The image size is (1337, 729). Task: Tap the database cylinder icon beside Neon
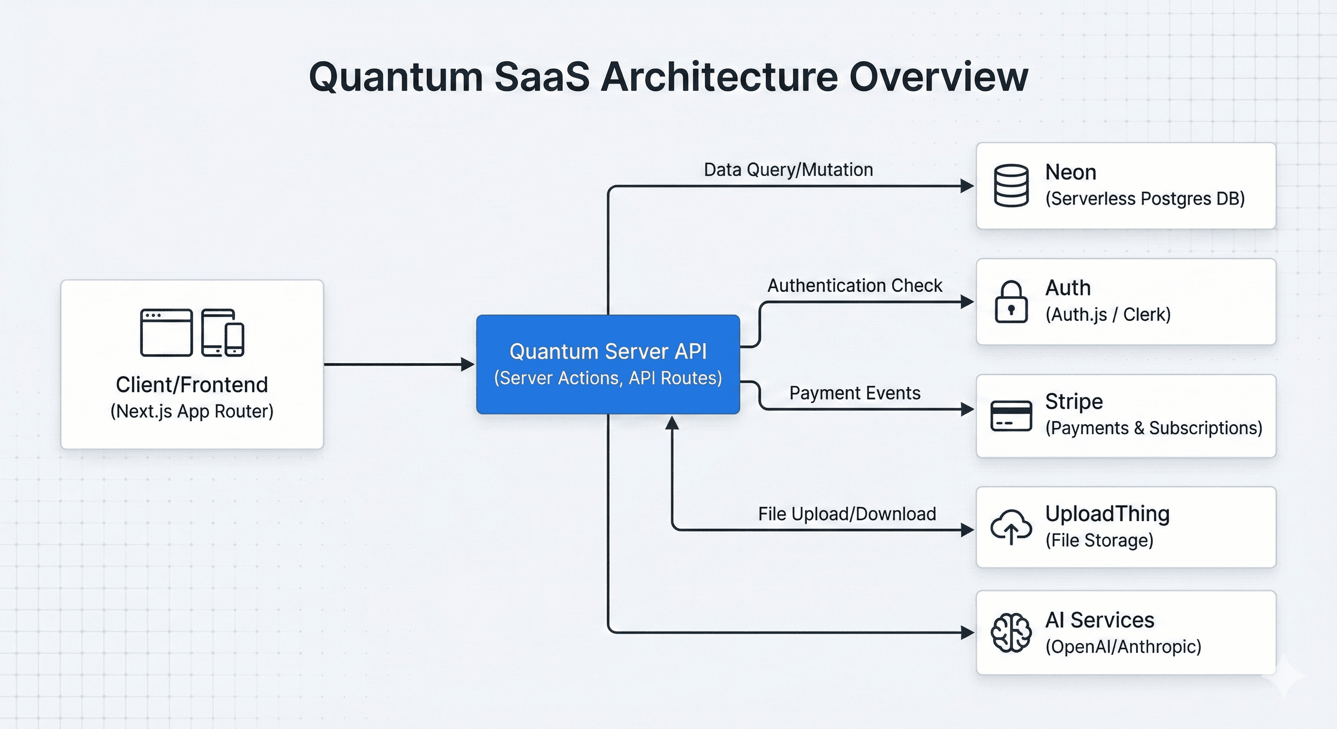[1010, 185]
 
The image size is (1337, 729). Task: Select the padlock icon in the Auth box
[1010, 302]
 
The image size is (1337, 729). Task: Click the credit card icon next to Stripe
[1010, 416]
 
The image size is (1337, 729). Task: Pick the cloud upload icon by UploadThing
[1010, 527]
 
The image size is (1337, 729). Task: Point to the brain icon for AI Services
[1010, 633]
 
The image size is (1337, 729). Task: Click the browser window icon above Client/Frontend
[166, 333]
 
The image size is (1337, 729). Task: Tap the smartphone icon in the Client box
[235, 340]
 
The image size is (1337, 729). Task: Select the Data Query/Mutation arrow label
[788, 169]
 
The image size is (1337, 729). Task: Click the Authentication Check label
[854, 285]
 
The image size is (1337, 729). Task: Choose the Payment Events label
[854, 393]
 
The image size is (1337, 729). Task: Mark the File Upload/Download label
[847, 514]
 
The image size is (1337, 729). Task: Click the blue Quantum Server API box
[608, 364]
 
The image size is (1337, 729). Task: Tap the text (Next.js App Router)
[191, 411]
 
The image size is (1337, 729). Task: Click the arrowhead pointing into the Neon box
[967, 186]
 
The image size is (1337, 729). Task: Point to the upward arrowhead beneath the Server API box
[672, 423]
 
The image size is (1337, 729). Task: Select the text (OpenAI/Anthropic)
[1123, 646]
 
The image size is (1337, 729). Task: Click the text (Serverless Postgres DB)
[1144, 199]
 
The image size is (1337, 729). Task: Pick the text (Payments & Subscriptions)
[1153, 428]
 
